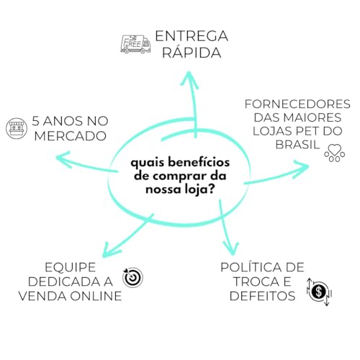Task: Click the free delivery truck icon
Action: pyautogui.click(x=135, y=45)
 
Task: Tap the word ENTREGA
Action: pyautogui.click(x=192, y=36)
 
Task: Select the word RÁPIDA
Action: pyautogui.click(x=192, y=53)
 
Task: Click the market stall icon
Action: pyautogui.click(x=17, y=128)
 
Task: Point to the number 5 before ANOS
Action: pyautogui.click(x=35, y=121)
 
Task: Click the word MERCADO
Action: pyautogui.click(x=71, y=136)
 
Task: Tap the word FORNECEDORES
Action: pyautogui.click(x=297, y=104)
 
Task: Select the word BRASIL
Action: pyautogui.click(x=297, y=145)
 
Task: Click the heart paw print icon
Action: pyautogui.click(x=335, y=153)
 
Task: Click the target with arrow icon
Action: pyautogui.click(x=132, y=277)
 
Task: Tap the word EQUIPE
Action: pyautogui.click(x=71, y=268)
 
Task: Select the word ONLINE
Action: pyautogui.click(x=96, y=296)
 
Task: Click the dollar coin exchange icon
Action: pyautogui.click(x=319, y=292)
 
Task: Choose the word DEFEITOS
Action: pyautogui.click(x=262, y=296)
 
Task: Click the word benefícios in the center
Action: pyautogui.click(x=199, y=162)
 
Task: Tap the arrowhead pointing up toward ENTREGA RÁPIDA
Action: pyautogui.click(x=189, y=79)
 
